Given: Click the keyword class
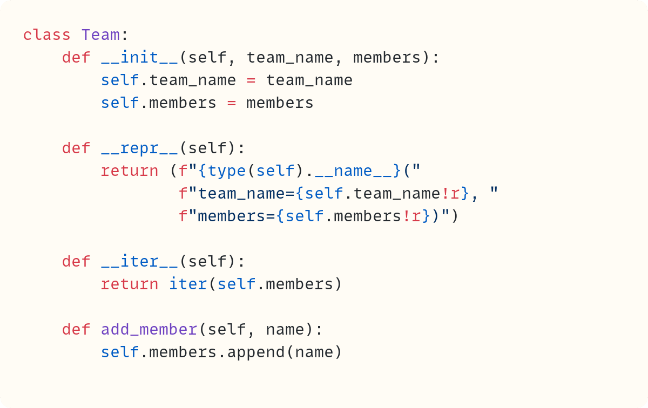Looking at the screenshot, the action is (46, 35).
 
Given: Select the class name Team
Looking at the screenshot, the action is (100, 35).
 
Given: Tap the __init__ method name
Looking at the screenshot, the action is (139, 58).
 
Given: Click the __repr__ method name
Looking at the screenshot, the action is (139, 148).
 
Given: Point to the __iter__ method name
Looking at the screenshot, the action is (139, 262).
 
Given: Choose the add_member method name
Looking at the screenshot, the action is (149, 330).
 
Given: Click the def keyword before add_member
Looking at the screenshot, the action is (76, 330).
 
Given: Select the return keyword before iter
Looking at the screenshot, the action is (130, 284).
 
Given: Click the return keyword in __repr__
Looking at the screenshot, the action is (130, 171).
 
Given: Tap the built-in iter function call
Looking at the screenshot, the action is (188, 284).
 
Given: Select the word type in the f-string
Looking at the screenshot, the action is (227, 171).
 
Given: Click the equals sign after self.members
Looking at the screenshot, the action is (232, 103).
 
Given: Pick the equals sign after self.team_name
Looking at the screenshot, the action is (251, 80).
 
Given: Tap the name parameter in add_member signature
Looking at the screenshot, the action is (285, 330).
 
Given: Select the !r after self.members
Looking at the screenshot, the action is (412, 216).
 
